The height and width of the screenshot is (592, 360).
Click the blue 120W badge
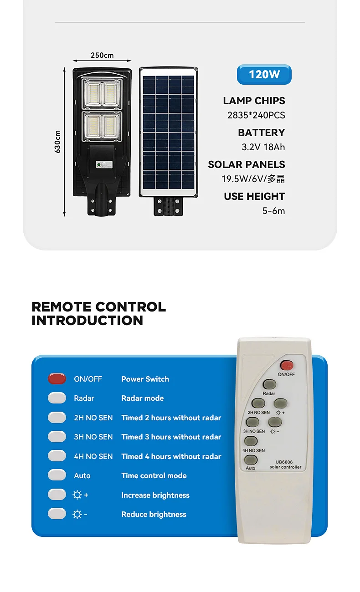point(264,74)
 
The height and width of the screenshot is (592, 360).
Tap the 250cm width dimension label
point(102,56)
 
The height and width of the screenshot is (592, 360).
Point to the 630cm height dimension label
point(58,142)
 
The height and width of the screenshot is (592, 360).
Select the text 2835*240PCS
point(256,115)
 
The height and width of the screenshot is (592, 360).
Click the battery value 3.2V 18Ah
point(263,147)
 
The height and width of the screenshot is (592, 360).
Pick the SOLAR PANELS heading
point(247,164)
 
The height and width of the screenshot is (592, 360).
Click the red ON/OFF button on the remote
point(287,365)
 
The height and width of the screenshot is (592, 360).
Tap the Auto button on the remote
point(251,459)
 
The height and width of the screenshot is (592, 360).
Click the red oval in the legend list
point(57,379)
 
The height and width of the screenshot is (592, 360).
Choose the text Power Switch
point(145,379)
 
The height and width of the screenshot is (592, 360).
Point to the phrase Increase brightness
point(155,495)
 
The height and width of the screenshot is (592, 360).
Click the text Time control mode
point(154,475)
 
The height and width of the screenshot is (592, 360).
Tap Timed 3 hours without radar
point(171,437)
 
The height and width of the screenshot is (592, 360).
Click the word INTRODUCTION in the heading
point(87,320)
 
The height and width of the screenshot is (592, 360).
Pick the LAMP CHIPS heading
point(254,101)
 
